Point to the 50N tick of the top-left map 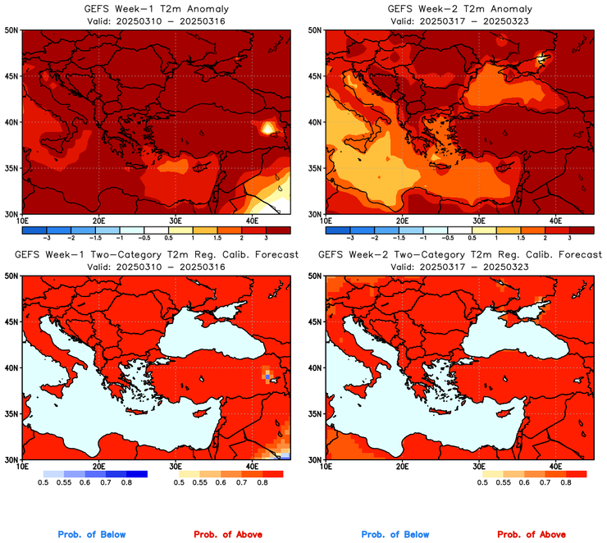tap(11, 30)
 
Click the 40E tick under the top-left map tap(251, 221)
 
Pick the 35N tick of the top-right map tap(315, 168)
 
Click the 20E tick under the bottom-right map tap(402, 466)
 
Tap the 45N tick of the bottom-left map tap(11, 322)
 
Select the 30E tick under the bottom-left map tap(175, 466)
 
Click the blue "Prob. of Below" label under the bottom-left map tap(92, 535)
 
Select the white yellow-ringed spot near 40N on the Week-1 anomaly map tap(268, 127)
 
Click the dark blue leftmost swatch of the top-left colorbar tap(34, 229)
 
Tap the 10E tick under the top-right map tap(326, 221)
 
